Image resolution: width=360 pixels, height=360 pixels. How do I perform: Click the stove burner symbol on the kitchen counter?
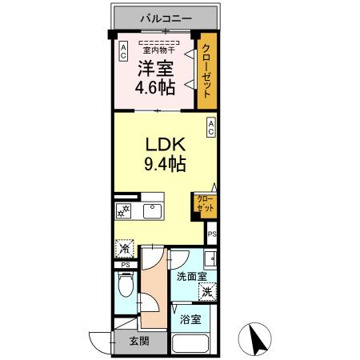(x=124, y=211)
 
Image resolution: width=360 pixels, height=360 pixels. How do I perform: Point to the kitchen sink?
(x=153, y=210)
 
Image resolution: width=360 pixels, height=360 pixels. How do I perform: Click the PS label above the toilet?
(x=125, y=266)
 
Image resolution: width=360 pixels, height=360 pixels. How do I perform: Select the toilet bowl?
(x=125, y=285)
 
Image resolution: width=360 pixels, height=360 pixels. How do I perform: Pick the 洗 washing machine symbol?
(x=208, y=293)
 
